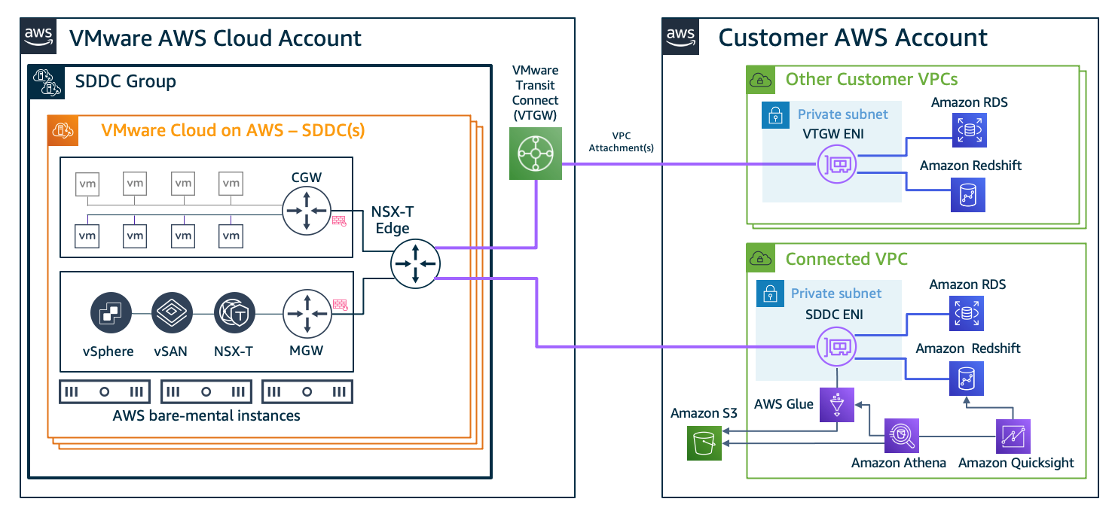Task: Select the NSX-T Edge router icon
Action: click(414, 263)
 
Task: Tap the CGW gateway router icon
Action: click(306, 210)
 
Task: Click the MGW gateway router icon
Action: click(306, 315)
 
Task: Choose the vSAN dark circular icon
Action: click(173, 314)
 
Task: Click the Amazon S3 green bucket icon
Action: click(704, 442)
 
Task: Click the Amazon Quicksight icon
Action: click(1013, 436)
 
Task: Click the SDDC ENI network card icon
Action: click(837, 347)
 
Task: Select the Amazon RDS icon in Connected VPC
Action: click(967, 314)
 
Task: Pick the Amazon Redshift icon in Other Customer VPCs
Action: click(967, 193)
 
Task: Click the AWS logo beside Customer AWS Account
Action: click(680, 37)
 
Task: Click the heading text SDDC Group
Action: click(125, 81)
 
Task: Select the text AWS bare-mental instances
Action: click(206, 415)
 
